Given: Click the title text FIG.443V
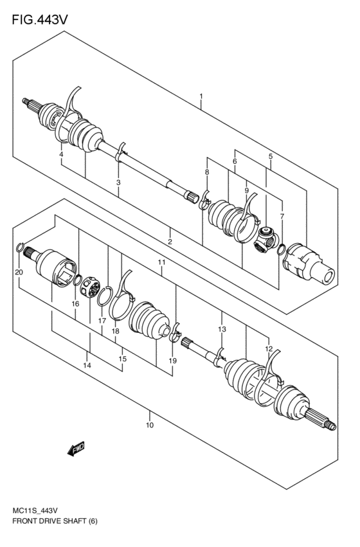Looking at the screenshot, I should [x=39, y=20].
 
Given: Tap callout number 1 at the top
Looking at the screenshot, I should [x=201, y=97].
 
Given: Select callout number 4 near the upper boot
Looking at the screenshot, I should [x=61, y=155].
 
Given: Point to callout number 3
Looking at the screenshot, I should [x=118, y=183].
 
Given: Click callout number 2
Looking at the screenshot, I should [x=170, y=241].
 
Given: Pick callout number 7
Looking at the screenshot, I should [x=282, y=216].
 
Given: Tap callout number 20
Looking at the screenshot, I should [x=18, y=273].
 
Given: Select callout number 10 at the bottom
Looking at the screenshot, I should [x=149, y=425].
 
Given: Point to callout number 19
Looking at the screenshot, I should [x=172, y=361].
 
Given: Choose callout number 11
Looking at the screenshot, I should [x=161, y=262].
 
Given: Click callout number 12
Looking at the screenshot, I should [x=269, y=348].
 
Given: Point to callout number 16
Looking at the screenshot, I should [x=75, y=303].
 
